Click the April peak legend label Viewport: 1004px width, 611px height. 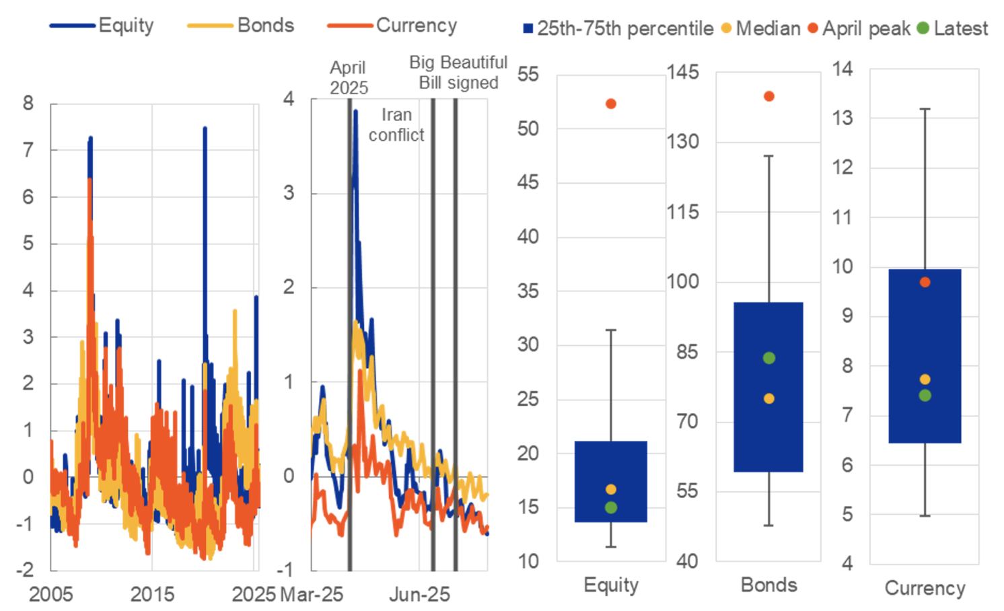[x=865, y=29]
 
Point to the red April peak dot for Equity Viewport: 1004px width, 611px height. [x=611, y=104]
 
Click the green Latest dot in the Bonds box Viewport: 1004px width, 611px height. [x=769, y=358]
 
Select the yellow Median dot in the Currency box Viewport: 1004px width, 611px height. [x=925, y=380]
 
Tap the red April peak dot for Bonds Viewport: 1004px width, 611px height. [x=769, y=96]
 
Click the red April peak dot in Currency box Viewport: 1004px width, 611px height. [x=925, y=282]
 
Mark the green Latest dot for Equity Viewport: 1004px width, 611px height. [x=611, y=507]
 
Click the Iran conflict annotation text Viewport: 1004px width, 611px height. [x=396, y=125]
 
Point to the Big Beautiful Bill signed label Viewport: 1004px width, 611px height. [x=458, y=73]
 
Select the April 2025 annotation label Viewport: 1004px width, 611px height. [x=348, y=77]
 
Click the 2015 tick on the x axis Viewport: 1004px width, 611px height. [x=152, y=594]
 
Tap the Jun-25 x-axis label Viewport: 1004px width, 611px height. [x=419, y=594]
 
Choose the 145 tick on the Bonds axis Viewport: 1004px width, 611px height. [x=683, y=72]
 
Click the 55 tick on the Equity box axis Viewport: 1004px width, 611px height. [x=528, y=74]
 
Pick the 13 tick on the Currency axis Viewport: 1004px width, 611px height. [x=842, y=118]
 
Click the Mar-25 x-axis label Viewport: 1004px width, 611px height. [x=312, y=594]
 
